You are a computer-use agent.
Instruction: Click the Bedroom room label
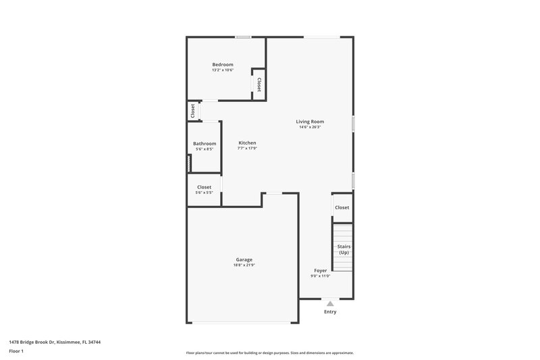pyautogui.click(x=222, y=64)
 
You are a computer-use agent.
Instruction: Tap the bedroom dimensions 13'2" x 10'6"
pyautogui.click(x=222, y=70)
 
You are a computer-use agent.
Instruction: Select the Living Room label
pyautogui.click(x=310, y=122)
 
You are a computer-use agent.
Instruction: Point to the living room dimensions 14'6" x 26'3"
pyautogui.click(x=310, y=127)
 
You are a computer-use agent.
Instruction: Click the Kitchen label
pyautogui.click(x=247, y=143)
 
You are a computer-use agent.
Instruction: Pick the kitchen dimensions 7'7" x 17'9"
pyautogui.click(x=247, y=148)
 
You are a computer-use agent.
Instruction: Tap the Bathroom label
pyautogui.click(x=205, y=143)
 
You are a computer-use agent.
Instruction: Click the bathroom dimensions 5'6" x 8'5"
pyautogui.click(x=205, y=149)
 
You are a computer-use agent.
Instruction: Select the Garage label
pyautogui.click(x=244, y=259)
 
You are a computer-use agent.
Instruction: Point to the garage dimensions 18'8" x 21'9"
pyautogui.click(x=244, y=265)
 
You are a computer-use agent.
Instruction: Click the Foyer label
pyautogui.click(x=321, y=270)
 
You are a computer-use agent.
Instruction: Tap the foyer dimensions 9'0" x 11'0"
pyautogui.click(x=321, y=276)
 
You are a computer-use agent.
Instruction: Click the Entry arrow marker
pyautogui.click(x=330, y=304)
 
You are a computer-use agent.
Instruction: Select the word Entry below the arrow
pyautogui.click(x=330, y=311)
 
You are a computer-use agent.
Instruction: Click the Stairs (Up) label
pyautogui.click(x=344, y=249)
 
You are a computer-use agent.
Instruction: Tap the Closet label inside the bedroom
pyautogui.click(x=259, y=84)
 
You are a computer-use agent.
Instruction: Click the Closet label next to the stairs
pyautogui.click(x=342, y=207)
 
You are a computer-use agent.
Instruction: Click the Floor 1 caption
pyautogui.click(x=16, y=351)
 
